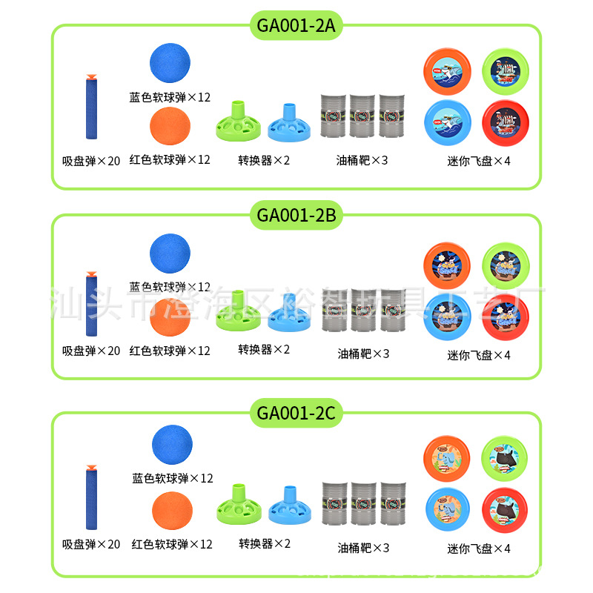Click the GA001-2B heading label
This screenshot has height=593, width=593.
point(296,216)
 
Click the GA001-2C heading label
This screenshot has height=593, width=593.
point(296,413)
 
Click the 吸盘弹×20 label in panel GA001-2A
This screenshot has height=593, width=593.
point(90,161)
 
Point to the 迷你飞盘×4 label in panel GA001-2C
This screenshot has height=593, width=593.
point(479,549)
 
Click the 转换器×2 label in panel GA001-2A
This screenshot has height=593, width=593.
point(264,160)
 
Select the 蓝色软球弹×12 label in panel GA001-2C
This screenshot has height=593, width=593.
point(172,479)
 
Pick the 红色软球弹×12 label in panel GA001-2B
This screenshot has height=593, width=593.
point(170,351)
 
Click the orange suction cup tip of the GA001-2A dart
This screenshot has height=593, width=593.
point(90,76)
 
